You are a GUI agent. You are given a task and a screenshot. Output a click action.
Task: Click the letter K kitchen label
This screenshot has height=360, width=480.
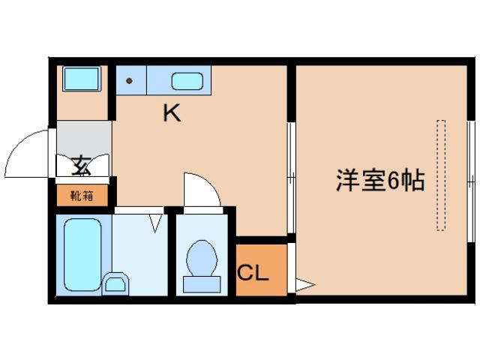(x=172, y=114)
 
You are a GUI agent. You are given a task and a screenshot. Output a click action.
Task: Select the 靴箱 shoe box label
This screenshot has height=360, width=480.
(x=82, y=196)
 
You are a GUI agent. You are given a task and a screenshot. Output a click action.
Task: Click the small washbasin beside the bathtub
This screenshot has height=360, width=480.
(x=115, y=283)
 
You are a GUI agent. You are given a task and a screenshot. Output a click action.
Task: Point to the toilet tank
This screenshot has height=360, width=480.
(x=202, y=283)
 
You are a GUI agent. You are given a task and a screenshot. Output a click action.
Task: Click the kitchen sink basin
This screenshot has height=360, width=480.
(x=185, y=80)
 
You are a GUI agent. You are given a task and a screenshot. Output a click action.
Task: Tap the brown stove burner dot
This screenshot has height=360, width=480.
(x=129, y=80)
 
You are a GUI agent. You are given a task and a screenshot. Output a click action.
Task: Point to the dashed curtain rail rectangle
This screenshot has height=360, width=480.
(x=442, y=174)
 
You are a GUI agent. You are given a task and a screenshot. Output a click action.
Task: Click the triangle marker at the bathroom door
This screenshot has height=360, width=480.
(x=156, y=222)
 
